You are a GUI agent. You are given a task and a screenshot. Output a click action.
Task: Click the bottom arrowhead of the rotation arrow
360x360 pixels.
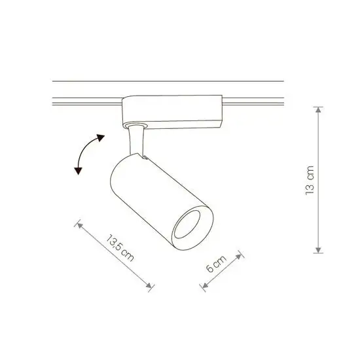pos(79,171)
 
